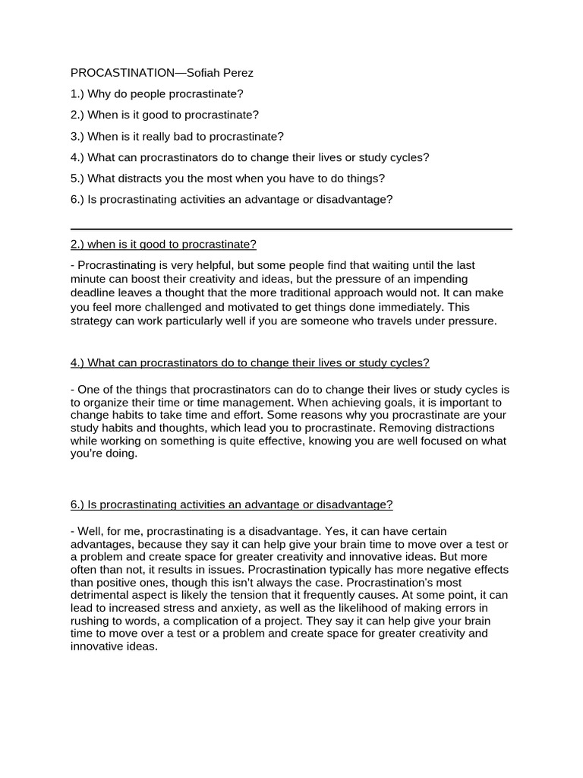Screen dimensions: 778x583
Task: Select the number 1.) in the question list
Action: tap(77, 94)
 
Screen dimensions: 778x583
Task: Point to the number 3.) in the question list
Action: tap(77, 137)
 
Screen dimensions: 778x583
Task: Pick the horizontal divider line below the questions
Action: tap(291, 229)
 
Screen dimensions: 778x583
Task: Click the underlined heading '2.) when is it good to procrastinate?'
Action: tap(163, 245)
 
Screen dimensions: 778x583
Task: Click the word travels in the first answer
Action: tap(387, 321)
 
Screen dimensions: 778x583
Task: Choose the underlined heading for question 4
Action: tap(250, 363)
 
